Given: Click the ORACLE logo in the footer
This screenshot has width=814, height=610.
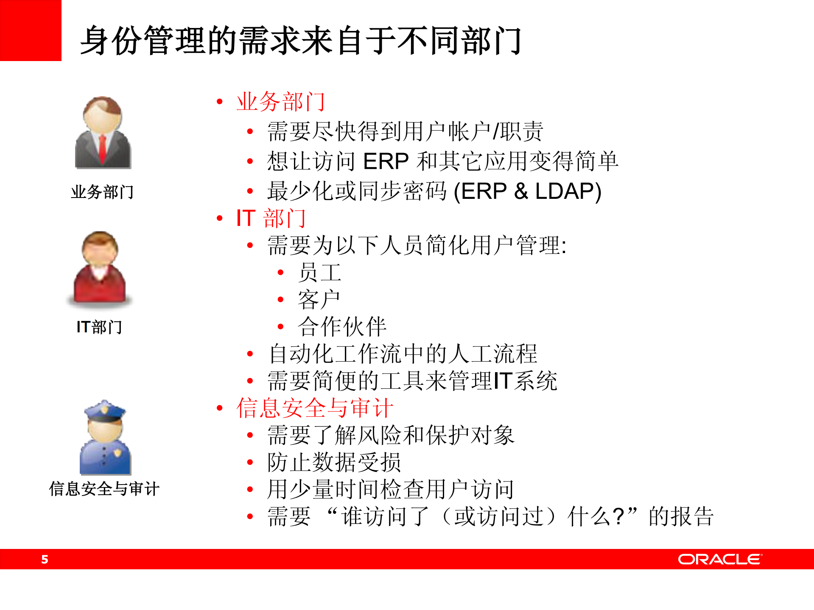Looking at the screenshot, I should coord(719,559).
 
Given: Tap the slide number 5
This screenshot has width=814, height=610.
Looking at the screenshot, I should coord(45,559).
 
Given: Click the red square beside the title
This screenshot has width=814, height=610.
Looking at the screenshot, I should coord(31,31).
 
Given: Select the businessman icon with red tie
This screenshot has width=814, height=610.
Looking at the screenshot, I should coord(103,132).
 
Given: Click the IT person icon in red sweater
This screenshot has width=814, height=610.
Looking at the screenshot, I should coord(100,267).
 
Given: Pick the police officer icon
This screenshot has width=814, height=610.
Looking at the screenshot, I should coord(105,437).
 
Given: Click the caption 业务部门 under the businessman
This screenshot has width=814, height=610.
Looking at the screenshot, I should coord(102,192).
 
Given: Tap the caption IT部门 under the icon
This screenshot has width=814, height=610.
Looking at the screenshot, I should coord(99,327).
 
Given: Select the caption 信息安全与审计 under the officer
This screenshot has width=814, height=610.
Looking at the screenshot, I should coord(104,489).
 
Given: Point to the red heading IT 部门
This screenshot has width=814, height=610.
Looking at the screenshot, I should coord(271,218).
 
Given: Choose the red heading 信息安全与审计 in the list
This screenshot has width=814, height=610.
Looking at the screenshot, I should coord(315,408).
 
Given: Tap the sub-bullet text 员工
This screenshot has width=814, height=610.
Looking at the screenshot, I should coord(319,272).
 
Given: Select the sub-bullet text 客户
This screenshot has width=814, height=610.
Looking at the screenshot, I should coord(319,299).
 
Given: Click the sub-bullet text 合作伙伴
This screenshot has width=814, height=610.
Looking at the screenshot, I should coord(342,326).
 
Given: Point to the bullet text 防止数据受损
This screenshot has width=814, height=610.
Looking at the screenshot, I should coord(334,462).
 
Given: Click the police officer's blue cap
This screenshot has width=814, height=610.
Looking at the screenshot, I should coord(105,410).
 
